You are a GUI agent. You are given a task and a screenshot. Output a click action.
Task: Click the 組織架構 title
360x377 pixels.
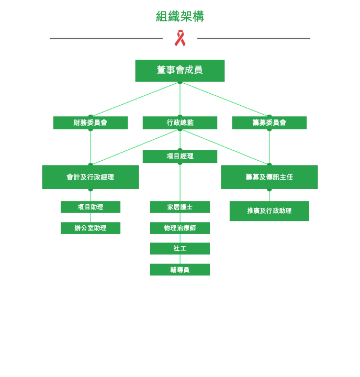point(180,16)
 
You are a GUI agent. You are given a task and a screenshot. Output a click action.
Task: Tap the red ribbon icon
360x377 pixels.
point(180,38)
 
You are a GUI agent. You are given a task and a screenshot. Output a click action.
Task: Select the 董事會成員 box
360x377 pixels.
point(180,71)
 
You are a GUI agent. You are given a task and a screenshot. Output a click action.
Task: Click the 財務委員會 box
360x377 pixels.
point(91,123)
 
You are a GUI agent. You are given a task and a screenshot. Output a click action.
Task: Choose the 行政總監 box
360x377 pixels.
point(180,123)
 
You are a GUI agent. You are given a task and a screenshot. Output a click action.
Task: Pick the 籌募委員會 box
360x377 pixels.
point(269,123)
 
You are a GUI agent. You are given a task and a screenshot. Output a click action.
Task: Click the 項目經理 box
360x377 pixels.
point(180,157)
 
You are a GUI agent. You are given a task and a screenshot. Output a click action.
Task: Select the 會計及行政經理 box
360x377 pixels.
point(91,177)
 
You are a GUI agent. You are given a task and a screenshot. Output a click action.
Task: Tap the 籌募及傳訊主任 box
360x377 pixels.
point(269,177)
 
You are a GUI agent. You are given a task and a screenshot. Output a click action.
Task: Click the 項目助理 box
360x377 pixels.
point(91,207)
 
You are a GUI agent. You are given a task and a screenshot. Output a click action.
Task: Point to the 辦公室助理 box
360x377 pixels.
point(91,228)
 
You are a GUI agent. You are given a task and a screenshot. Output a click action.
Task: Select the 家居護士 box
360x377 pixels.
point(180,207)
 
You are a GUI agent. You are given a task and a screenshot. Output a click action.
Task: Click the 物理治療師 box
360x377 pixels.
point(180,228)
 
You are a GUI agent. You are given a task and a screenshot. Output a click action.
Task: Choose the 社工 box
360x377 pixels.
point(180,249)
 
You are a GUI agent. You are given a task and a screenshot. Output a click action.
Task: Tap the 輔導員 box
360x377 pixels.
point(180,270)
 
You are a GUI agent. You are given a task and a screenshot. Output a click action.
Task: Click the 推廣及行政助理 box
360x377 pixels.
point(269,211)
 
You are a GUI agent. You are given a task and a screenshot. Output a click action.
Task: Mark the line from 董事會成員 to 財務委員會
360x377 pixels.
point(136,99)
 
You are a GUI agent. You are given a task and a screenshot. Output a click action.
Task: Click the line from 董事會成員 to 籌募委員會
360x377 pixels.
point(224,99)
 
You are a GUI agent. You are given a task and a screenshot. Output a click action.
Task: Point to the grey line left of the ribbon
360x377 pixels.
point(106,38)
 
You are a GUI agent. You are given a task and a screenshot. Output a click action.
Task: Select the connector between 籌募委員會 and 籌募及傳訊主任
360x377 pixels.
point(269,147)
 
